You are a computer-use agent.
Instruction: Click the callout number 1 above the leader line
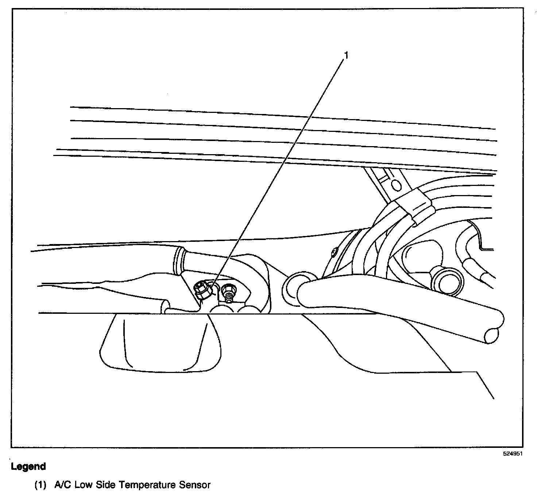pos(346,55)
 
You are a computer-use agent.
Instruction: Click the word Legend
pos(28,466)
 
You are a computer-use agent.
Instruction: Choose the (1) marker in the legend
pos(40,485)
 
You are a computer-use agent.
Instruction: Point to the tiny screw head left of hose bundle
pos(335,252)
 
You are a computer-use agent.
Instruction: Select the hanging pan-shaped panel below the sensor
pos(161,343)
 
